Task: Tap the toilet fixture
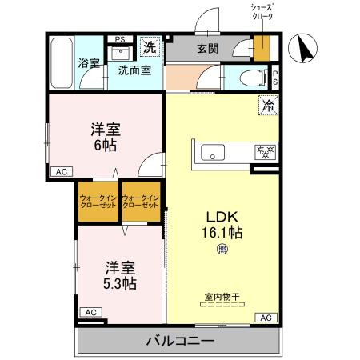pyautogui.click(x=249, y=78)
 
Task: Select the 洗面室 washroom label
pyautogui.click(x=140, y=70)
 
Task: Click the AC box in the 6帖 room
pyautogui.click(x=61, y=171)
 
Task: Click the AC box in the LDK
pyautogui.click(x=266, y=318)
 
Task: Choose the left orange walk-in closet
pyautogui.click(x=98, y=202)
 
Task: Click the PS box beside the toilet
pyautogui.click(x=275, y=78)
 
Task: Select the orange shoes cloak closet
pyautogui.click(x=261, y=47)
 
